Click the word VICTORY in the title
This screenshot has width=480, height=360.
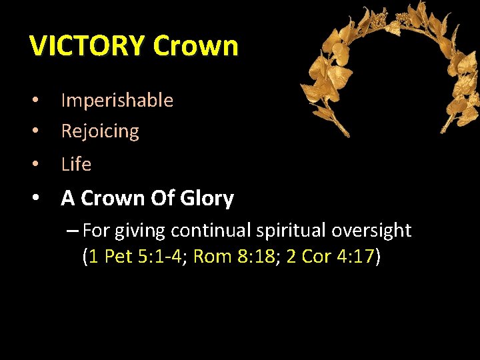click(87, 46)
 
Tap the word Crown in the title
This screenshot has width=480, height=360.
click(195, 46)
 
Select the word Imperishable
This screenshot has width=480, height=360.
click(117, 101)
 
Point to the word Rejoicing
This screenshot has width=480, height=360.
click(100, 131)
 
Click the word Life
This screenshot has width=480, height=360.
click(76, 164)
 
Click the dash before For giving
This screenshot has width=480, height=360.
click(73, 231)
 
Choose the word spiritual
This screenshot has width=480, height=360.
click(293, 231)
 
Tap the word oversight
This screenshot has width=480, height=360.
click(371, 231)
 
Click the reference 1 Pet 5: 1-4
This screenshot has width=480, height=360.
click(137, 257)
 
